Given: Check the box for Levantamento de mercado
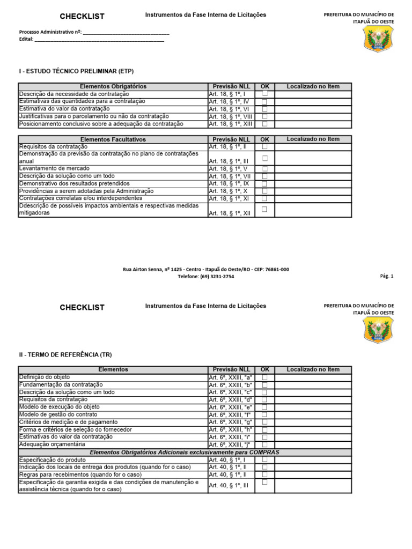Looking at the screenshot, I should pos(264,168).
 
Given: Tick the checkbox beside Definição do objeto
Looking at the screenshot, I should pos(264,377).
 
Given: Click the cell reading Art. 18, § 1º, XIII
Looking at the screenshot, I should pos(230,124).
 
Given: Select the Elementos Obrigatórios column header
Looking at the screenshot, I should pos(113,86).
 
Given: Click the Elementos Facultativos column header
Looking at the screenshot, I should pos(113,139).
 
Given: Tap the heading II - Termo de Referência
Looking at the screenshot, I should pos(65,354).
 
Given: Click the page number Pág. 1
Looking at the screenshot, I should pos(387,277).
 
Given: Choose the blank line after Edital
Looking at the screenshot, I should pos(99,39).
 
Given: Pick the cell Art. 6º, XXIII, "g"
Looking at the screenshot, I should pos(230,422).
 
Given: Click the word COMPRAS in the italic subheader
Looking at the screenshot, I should pos(263,452).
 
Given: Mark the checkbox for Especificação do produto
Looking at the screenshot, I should pos(264,460).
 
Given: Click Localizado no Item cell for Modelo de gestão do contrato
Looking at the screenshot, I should pos(313,415).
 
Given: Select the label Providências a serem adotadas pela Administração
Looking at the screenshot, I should pos(86,191).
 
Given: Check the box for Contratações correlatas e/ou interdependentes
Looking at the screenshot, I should pos(264,198).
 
